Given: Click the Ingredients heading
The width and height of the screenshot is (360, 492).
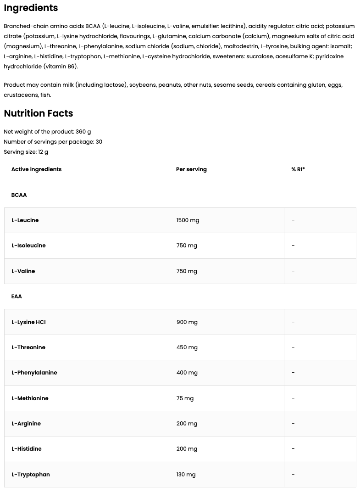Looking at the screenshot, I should (31, 8).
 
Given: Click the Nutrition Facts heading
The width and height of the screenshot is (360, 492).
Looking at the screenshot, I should (39, 113).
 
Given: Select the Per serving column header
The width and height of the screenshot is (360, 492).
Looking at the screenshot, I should (191, 169).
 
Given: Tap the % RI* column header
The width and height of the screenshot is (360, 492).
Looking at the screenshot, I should (298, 169).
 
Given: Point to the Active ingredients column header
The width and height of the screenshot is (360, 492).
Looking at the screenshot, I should (36, 169).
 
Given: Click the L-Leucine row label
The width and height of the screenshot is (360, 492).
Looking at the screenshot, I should (25, 220).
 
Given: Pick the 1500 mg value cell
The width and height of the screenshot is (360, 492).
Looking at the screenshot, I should (188, 220).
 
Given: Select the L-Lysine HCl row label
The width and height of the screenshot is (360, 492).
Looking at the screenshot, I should (28, 322).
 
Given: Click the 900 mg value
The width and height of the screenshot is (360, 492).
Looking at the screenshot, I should (187, 322).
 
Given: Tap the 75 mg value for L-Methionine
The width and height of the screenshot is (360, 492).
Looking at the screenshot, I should (185, 398).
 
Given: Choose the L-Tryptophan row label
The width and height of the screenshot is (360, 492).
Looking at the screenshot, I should (31, 475).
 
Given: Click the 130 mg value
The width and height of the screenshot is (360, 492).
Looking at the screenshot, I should (186, 475).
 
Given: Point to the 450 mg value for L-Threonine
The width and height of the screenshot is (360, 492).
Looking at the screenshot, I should (187, 347).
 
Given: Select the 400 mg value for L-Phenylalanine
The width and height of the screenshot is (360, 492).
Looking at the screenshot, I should (187, 373).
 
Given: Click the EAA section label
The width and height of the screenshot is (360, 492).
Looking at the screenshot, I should (17, 296).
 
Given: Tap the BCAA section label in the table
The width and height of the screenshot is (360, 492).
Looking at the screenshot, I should (19, 195).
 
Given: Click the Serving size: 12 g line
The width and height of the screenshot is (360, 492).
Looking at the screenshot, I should (26, 152).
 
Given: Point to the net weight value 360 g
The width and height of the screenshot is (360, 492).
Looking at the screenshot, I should (83, 132).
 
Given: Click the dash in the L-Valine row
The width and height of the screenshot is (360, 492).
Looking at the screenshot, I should (293, 271).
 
